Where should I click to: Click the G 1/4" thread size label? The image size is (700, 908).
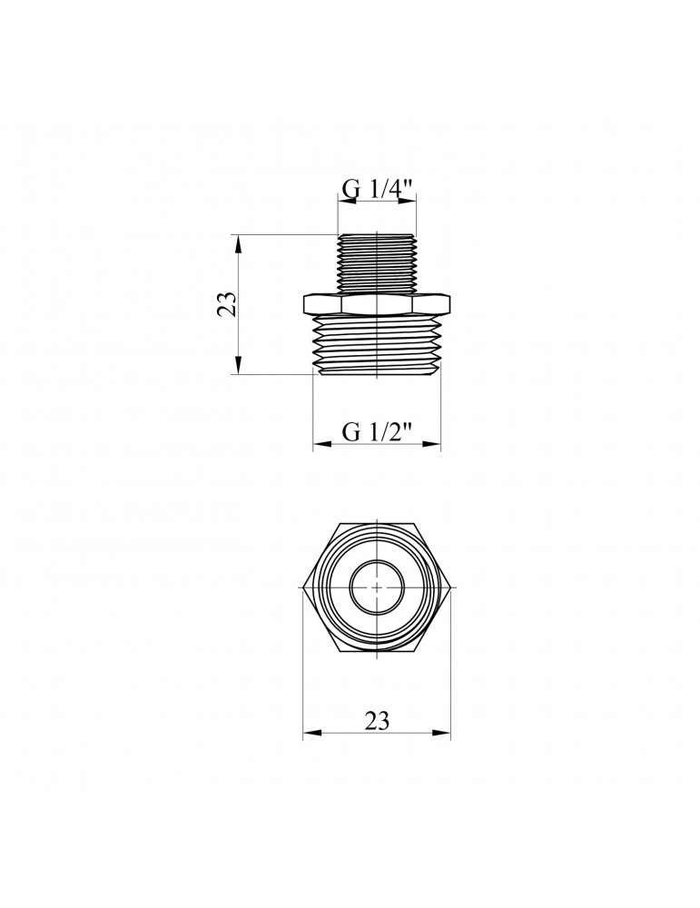pos(378,189)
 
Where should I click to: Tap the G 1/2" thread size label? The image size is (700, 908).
pos(378,432)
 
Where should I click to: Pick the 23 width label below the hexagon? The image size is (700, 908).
pos(377,721)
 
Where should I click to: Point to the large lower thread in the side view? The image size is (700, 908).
pos(377,345)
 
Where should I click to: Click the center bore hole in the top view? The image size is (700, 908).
pos(377,587)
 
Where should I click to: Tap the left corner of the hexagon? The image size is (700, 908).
pos(303,587)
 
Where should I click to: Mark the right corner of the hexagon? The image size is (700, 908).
pos(451,587)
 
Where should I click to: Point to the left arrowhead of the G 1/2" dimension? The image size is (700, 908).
pos(319,445)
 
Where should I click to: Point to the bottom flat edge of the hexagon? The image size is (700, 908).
pos(377,652)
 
